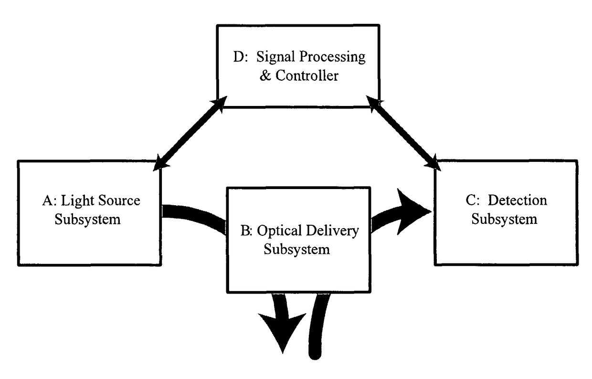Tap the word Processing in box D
332,57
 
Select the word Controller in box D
307,75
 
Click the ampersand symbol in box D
265,75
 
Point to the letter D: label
241,57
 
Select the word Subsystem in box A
87,220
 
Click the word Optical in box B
280,231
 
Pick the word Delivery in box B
332,231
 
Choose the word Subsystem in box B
297,250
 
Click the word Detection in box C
517,200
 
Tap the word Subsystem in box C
504,220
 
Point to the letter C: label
473,200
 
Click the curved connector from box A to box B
194,217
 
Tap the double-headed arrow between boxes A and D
190,134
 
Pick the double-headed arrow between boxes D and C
403,133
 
